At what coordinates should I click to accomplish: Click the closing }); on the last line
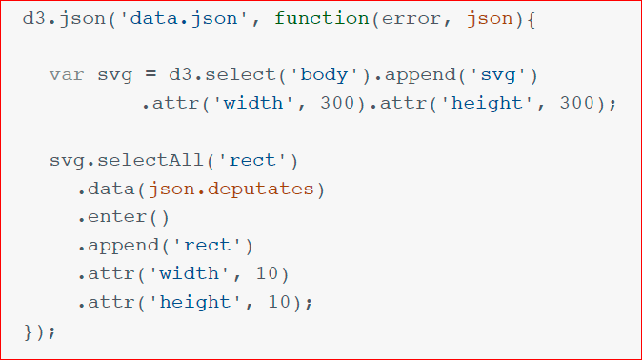[x=39, y=330]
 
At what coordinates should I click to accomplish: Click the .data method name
[x=108, y=189]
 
